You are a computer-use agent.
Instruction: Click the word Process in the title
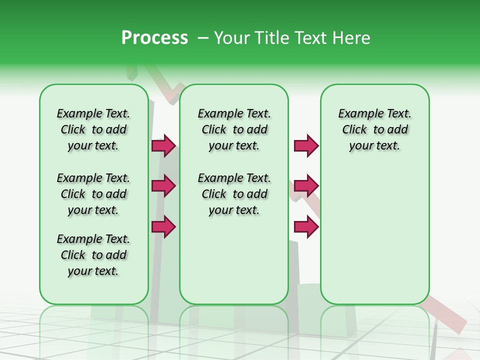click(x=154, y=38)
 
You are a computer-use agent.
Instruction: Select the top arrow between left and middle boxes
click(x=163, y=145)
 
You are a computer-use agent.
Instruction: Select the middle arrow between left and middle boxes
click(x=163, y=186)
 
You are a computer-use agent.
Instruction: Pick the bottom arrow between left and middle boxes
click(x=163, y=226)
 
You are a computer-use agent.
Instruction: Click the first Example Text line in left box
click(x=93, y=113)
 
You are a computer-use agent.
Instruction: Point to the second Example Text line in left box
click(x=93, y=178)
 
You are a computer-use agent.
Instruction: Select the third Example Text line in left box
click(x=93, y=239)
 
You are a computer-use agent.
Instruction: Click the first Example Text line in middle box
click(x=234, y=113)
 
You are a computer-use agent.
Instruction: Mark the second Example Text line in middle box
click(x=234, y=178)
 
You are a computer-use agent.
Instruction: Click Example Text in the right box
click(x=375, y=113)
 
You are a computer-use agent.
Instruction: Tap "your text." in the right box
click(x=375, y=146)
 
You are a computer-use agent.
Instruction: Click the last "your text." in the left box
click(x=93, y=271)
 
